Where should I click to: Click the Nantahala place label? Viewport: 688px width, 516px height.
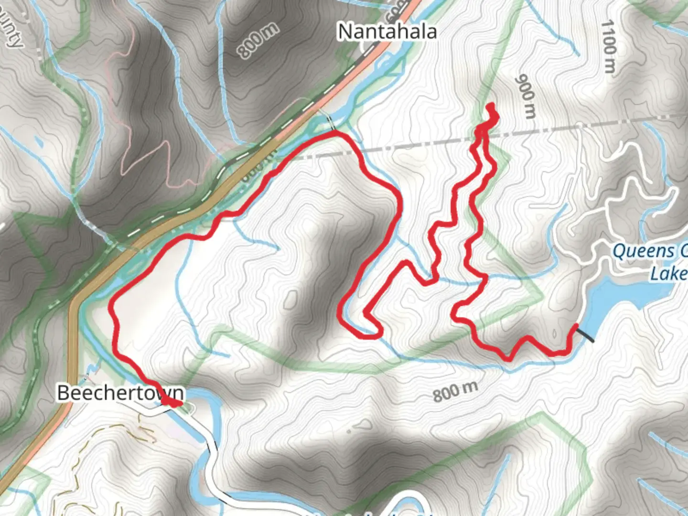click(387, 32)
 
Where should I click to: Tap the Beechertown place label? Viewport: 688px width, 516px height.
click(120, 393)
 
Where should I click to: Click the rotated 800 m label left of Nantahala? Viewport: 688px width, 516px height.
click(258, 41)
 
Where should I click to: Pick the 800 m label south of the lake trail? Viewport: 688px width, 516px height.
click(455, 391)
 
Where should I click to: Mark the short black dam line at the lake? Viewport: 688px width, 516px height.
click(586, 333)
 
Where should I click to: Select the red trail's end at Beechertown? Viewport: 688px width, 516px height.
click(179, 404)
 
